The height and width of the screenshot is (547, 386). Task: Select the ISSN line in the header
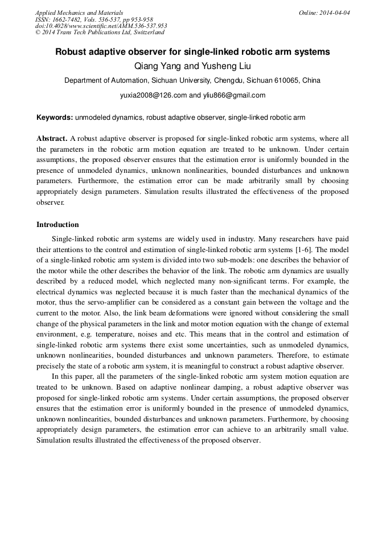point(94,19)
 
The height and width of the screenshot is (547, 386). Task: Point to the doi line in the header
point(101,26)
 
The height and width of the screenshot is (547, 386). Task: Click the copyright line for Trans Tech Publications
point(100,33)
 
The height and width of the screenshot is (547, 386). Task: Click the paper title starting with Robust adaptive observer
point(192,51)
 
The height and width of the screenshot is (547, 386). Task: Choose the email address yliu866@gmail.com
point(234,95)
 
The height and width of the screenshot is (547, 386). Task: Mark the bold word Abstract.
point(52,139)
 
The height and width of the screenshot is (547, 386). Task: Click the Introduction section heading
point(58,225)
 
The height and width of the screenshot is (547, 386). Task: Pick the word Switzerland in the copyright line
point(148,33)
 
